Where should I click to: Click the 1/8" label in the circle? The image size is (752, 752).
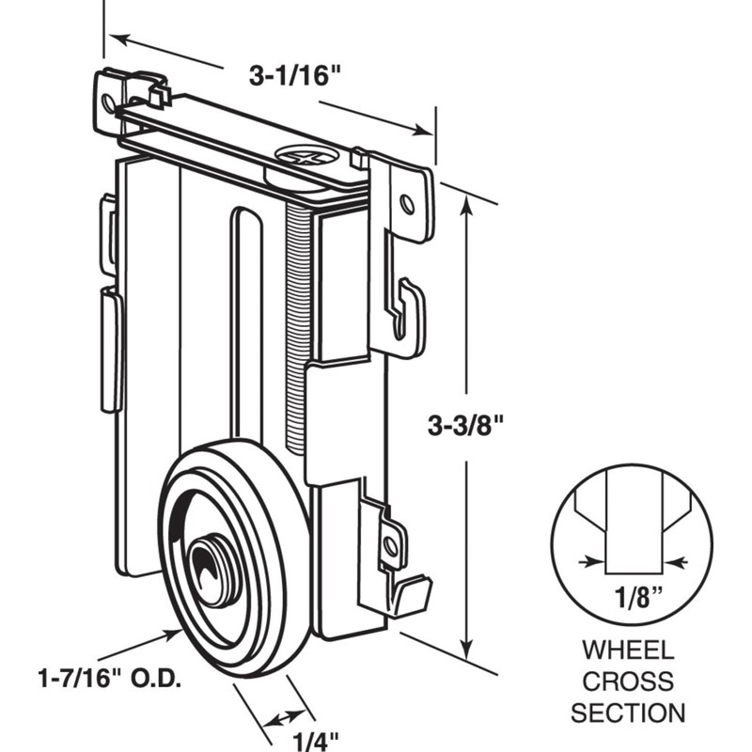(x=631, y=598)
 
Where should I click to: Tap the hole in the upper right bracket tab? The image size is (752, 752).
(x=406, y=202)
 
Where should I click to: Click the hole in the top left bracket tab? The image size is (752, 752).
(x=111, y=99)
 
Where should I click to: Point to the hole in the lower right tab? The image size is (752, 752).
(x=388, y=542)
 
